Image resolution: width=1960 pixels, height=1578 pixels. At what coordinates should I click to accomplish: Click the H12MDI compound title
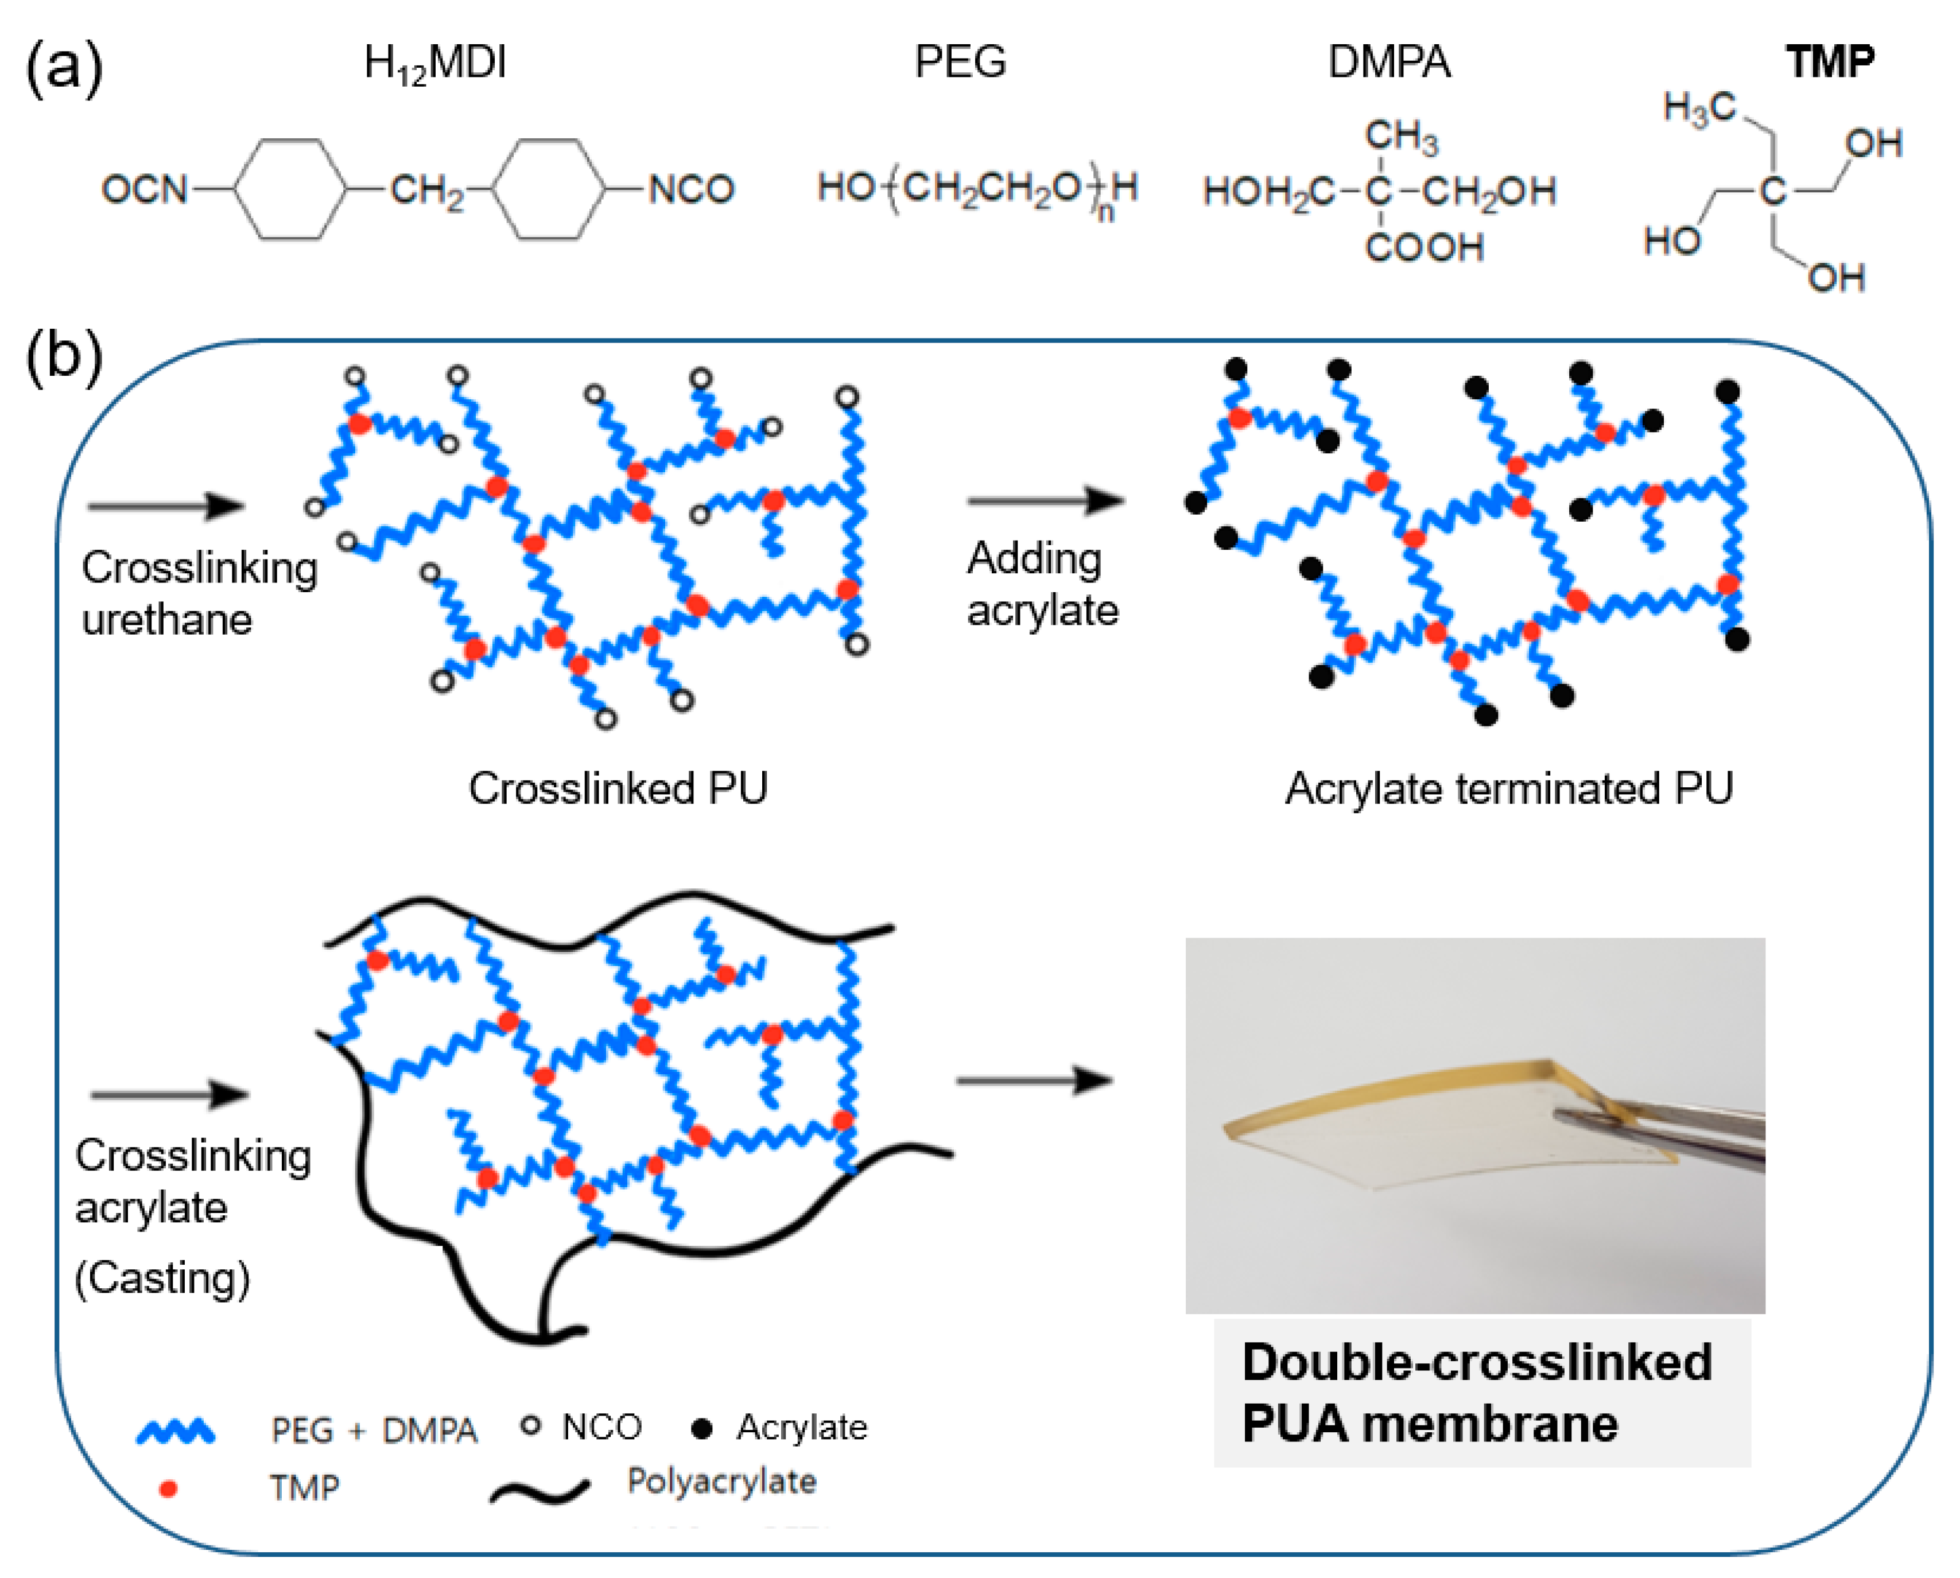point(434,64)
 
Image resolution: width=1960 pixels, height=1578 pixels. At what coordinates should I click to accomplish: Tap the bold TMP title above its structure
point(1829,62)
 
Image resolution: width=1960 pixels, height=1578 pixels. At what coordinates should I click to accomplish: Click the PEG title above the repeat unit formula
point(960,62)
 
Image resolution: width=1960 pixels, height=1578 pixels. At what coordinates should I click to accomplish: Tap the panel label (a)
point(64,65)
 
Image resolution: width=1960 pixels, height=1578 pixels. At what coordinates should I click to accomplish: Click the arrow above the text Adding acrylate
point(1046,500)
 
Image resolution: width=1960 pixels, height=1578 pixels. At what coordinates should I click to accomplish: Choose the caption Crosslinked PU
point(618,788)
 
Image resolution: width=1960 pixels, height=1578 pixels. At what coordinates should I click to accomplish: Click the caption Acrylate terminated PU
point(1509,788)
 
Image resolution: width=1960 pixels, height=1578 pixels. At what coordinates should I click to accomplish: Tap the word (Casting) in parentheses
point(162,1278)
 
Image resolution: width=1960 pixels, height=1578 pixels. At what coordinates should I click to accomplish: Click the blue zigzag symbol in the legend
point(176,1431)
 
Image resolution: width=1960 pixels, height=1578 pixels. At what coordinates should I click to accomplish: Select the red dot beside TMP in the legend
point(168,1488)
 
